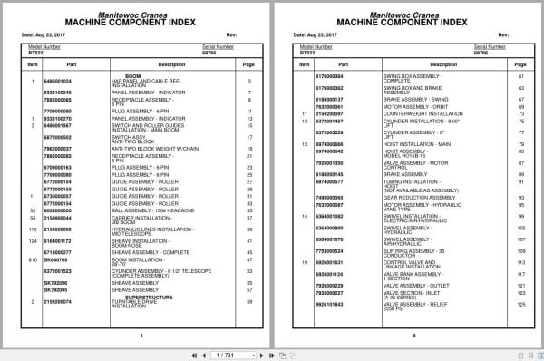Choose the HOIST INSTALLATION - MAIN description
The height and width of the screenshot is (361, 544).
(x=409, y=144)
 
